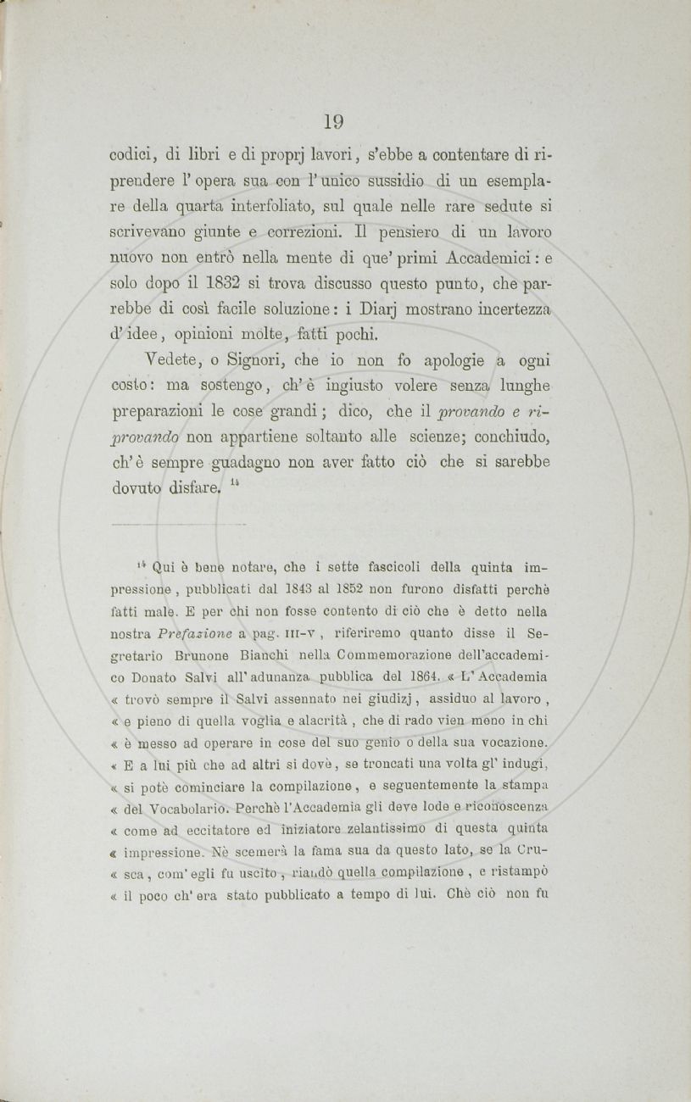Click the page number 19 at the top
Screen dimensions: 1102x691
pos(334,122)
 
